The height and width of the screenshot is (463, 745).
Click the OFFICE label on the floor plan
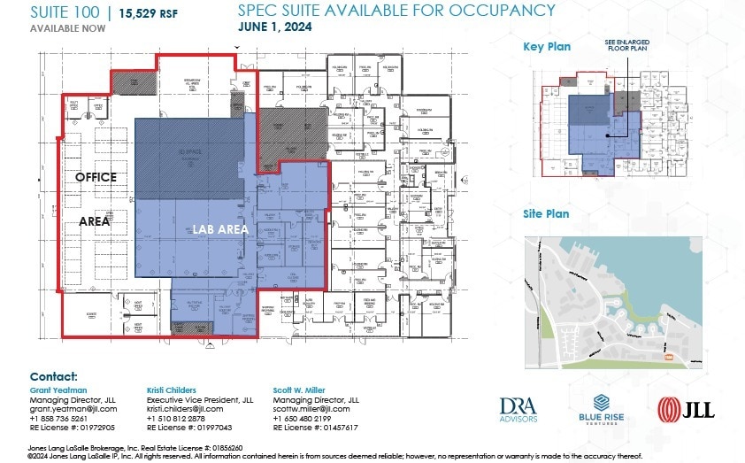(x=96, y=177)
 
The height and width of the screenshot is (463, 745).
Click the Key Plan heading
(x=547, y=47)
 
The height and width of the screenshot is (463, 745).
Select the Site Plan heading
(x=546, y=213)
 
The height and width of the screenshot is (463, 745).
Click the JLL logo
(x=686, y=408)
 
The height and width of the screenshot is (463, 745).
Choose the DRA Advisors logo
(x=518, y=408)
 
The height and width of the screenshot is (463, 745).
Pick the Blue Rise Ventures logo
(x=602, y=408)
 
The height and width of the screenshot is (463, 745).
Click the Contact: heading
(x=53, y=376)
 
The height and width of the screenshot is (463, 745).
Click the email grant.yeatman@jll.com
(x=73, y=409)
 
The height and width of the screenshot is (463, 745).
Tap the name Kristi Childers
(x=173, y=389)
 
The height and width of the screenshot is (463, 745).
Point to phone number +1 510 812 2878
(x=176, y=418)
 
